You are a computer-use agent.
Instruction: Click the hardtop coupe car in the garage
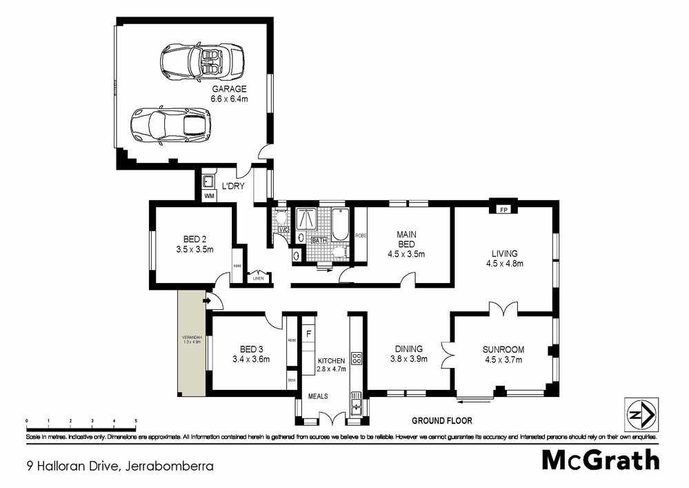[x=169, y=125]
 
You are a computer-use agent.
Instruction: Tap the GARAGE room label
[x=229, y=90]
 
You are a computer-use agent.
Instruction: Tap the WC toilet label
[x=283, y=230]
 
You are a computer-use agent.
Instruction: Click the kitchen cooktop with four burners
[x=357, y=359]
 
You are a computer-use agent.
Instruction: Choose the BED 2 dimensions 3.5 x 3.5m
[x=194, y=249]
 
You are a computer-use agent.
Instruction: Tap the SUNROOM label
[x=503, y=349]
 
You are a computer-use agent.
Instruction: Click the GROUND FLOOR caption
[x=441, y=420]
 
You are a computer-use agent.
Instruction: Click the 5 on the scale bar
[x=136, y=420]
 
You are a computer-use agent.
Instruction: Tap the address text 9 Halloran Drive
[x=73, y=466]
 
